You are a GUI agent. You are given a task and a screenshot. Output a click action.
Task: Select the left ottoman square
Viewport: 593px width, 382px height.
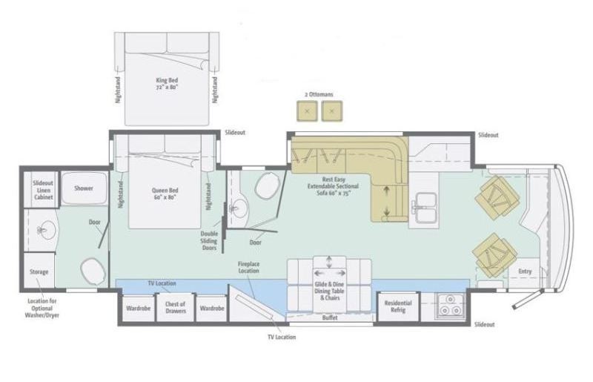coord(307,111)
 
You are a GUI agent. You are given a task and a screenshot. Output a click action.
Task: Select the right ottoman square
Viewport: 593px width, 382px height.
coord(333,111)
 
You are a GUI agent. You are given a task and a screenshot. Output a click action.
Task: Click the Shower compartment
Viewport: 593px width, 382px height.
coord(83,188)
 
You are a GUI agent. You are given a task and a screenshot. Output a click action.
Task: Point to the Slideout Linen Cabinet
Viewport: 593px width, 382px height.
coord(42,188)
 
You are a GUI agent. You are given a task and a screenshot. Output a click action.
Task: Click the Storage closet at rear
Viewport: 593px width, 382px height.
coord(39,271)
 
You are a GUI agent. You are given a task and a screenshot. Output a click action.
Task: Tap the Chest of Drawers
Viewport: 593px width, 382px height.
coord(176,307)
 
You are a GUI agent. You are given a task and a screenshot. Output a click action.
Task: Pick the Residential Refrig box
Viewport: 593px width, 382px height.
coord(399,307)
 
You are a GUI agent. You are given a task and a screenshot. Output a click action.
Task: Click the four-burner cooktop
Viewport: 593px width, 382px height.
coord(449,306)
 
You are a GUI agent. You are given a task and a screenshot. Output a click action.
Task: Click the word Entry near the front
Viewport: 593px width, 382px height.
coord(525,271)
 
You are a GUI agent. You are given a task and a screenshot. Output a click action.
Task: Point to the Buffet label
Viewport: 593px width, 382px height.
coord(331,317)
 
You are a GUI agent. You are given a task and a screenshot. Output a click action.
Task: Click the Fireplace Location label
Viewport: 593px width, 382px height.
coord(248,267)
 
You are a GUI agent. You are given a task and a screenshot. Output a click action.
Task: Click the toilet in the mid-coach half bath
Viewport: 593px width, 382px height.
coord(265,188)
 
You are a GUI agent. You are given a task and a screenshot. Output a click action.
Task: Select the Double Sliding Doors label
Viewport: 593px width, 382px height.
coord(210,241)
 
